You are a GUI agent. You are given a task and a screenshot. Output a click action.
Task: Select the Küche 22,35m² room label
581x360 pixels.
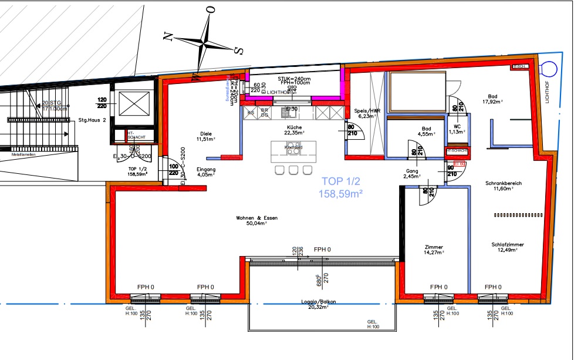294,130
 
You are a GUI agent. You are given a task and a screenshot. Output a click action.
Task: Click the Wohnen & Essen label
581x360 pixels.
256,220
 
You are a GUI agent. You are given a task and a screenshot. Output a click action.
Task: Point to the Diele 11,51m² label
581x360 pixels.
205,136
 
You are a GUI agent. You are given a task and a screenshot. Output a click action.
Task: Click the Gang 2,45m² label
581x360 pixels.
410,174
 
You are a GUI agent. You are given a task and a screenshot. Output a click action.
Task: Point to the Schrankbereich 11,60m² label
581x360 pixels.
503,186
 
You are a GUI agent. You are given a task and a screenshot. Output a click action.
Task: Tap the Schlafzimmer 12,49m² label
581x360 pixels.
508,247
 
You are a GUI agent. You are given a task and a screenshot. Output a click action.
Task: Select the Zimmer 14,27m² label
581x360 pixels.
434,250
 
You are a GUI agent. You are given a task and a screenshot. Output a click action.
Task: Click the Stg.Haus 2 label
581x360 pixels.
92,120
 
